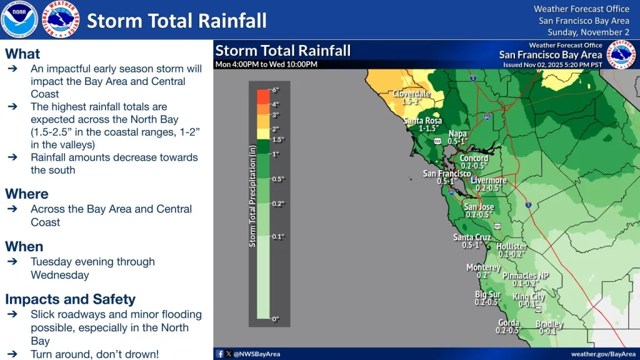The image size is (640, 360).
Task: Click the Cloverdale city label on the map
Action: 411,94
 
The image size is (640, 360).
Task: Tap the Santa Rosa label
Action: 422,121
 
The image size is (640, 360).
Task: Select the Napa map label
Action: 458,134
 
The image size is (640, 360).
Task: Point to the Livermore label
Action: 489,181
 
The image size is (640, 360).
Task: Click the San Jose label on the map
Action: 479,207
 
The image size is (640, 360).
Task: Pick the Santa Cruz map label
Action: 472,237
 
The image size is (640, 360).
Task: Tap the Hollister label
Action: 511,247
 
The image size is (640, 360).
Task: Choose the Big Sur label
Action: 487,294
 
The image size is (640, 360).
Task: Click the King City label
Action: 528,297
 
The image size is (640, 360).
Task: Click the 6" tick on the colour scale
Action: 275,91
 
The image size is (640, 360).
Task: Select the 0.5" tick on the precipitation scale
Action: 278,179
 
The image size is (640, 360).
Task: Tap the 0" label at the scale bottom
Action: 275,319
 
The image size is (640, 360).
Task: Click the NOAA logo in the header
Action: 19,19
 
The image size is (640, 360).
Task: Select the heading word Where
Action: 27,194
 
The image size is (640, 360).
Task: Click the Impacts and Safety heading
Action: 70,299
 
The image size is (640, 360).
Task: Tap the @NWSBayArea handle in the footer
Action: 257,354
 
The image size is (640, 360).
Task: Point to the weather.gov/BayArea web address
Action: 599,354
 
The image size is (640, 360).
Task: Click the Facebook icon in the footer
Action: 219,354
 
